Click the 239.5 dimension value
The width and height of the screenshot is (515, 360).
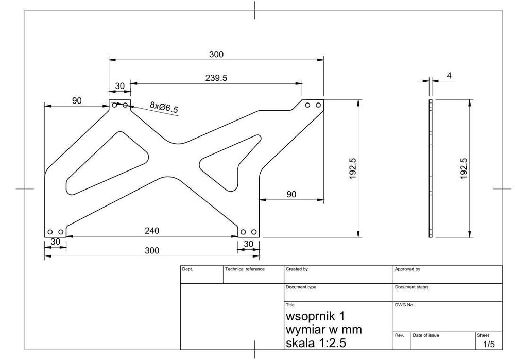point(216,78)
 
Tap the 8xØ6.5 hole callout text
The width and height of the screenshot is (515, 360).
point(164,108)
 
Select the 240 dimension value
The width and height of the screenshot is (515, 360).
point(152,231)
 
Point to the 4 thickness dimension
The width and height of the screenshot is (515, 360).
point(449,76)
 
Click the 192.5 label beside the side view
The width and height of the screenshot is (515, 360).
point(463,168)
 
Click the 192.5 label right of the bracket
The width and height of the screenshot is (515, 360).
point(352,168)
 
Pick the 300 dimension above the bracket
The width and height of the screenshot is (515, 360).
point(216,54)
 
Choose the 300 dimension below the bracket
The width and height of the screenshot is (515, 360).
point(152,251)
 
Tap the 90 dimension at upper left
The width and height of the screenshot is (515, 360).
point(77,100)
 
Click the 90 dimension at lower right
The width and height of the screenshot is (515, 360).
point(291,194)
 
